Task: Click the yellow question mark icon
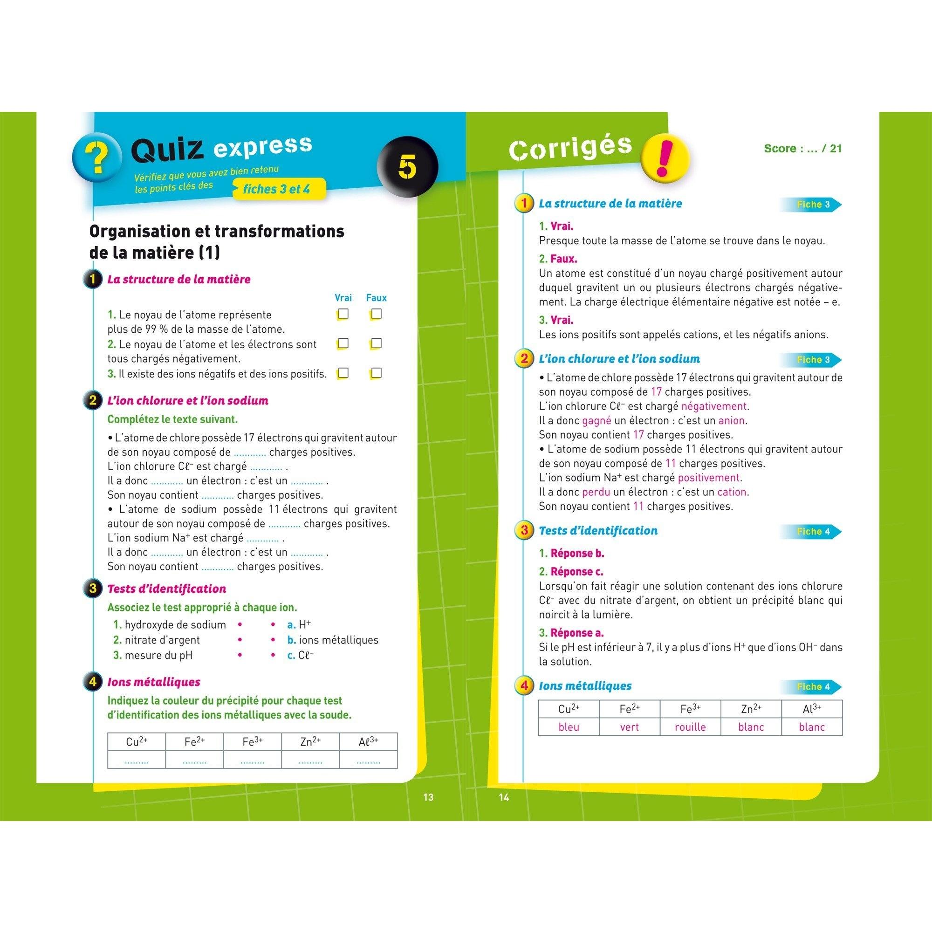97,158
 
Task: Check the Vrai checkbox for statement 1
343,314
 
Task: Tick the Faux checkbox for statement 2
377,343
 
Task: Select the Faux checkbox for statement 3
377,373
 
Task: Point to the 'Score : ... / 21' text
803,149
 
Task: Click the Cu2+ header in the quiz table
137,742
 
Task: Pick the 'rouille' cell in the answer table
690,727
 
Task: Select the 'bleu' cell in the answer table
568,727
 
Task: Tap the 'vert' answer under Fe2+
629,727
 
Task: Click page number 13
428,797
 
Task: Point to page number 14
504,797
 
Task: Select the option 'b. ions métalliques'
333,640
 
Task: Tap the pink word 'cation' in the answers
732,492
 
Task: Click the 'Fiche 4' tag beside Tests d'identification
813,532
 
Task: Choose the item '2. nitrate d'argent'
157,640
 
